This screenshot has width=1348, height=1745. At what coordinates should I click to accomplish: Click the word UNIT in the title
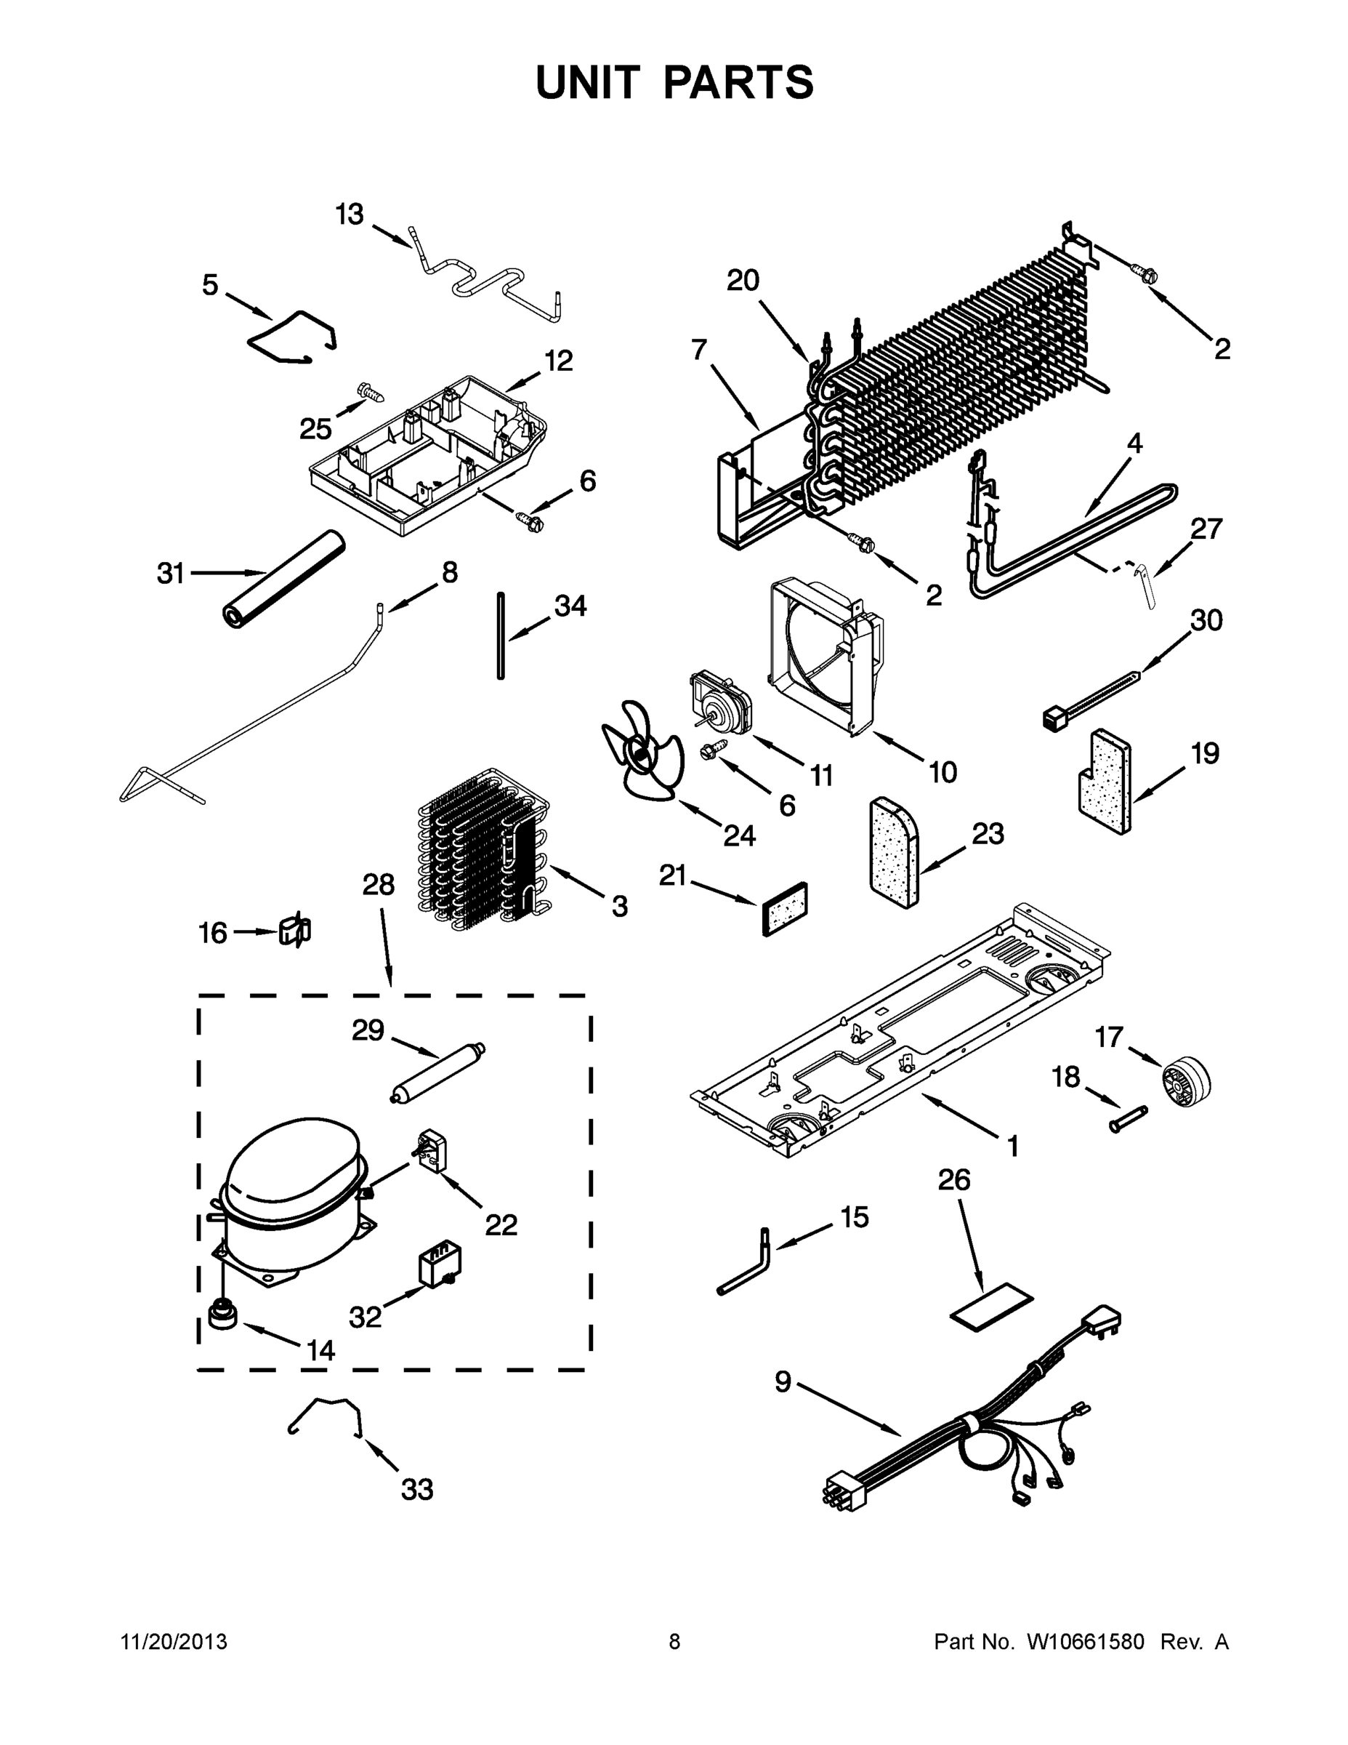588,82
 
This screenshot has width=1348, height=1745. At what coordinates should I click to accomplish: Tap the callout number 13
349,215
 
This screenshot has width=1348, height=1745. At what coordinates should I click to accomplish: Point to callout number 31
170,573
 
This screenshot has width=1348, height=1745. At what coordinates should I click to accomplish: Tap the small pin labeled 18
1128,1118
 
